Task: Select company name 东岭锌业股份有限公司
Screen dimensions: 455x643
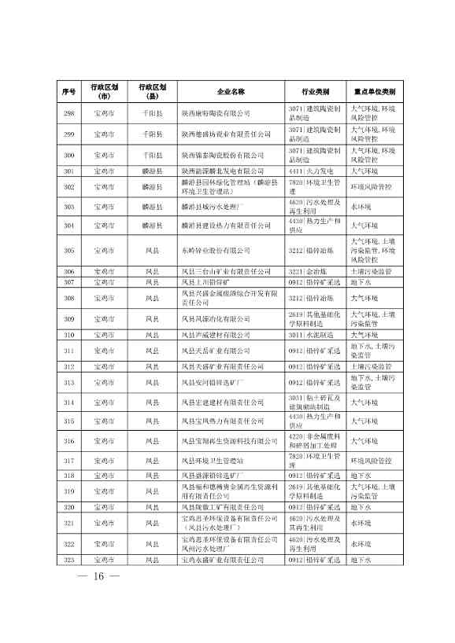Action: click(214, 250)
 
